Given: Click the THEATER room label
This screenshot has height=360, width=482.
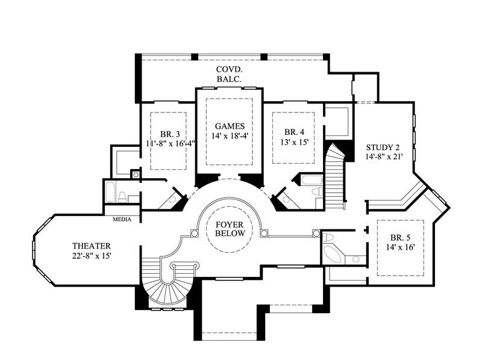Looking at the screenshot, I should tap(92, 246).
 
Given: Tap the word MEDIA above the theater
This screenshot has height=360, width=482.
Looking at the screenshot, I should tap(122, 220).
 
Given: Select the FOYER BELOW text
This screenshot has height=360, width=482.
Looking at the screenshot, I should tap(230, 229).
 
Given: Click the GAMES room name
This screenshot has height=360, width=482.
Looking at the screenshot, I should tap(230, 126).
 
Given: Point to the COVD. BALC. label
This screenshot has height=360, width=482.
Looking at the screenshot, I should tap(230, 74).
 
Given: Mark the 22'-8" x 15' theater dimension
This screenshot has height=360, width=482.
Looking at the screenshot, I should tap(92, 256).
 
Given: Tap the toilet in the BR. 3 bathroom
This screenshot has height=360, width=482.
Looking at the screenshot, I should tap(122, 196).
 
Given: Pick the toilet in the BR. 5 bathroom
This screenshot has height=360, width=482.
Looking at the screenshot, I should tap(355, 259).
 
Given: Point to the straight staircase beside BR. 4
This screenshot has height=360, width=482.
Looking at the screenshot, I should tap(333, 181).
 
